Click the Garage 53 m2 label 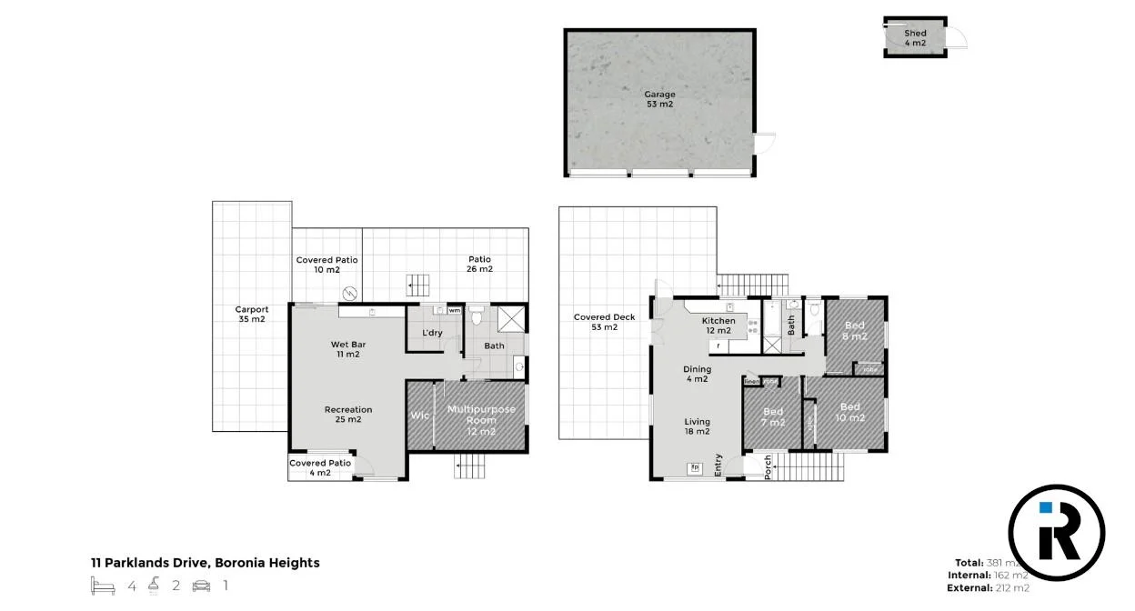coord(659,99)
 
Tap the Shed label coord(915,38)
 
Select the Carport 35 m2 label coord(251,315)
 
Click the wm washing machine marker coord(454,310)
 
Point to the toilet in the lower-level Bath coord(476,317)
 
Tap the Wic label coord(419,416)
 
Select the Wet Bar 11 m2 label coord(345,349)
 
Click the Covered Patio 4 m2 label coord(320,468)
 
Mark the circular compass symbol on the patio coord(349,293)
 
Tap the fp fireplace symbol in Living coord(696,468)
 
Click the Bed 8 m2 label coord(855,331)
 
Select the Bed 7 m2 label coord(773,417)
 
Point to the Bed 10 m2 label coord(850,413)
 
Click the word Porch coord(768,466)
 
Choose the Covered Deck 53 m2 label coord(604,322)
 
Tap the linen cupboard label coord(752,382)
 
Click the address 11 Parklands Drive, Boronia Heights coord(205,563)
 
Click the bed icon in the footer coord(103,586)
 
